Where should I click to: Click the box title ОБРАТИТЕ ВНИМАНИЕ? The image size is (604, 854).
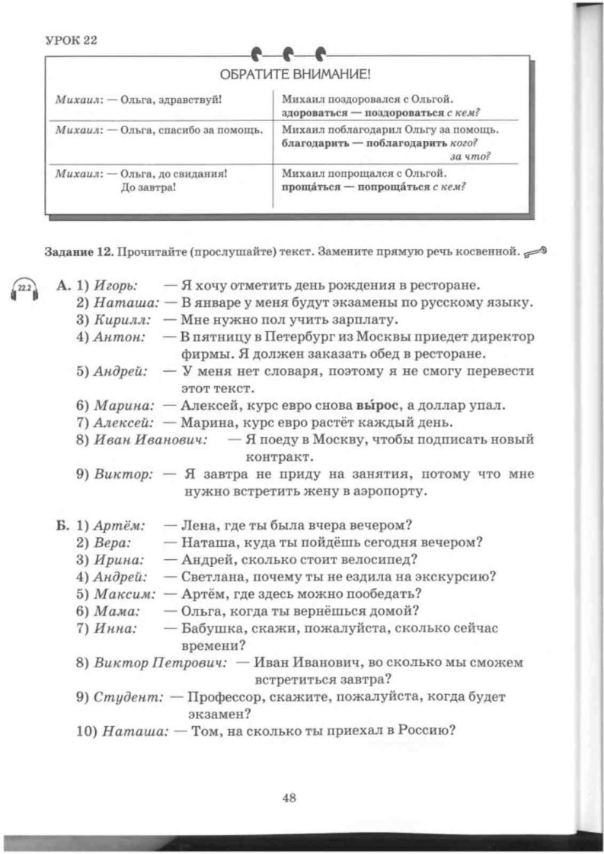pyautogui.click(x=295, y=75)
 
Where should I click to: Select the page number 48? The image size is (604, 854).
pyautogui.click(x=289, y=797)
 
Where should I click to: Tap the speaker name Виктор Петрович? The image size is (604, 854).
pyautogui.click(x=161, y=661)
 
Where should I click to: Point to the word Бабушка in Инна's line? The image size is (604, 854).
pyautogui.click(x=211, y=628)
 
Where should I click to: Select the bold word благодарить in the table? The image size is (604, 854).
pyautogui.click(x=315, y=143)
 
